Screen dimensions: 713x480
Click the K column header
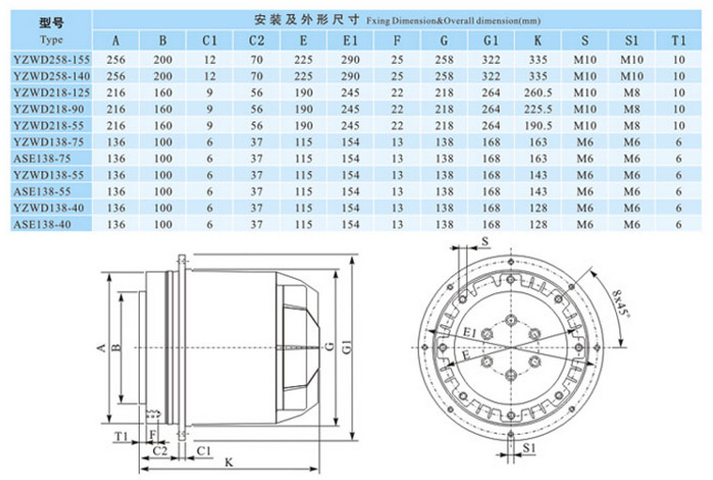(537, 41)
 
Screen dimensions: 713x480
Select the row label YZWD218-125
(52, 93)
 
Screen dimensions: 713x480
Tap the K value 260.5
(538, 93)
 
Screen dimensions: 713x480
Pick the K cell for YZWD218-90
(538, 109)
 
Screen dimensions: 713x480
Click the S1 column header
(631, 41)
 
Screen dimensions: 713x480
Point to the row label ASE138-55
(42, 192)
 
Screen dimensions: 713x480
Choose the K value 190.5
(538, 126)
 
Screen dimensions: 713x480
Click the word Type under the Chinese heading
(52, 39)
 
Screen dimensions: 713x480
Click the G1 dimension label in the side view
(347, 348)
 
